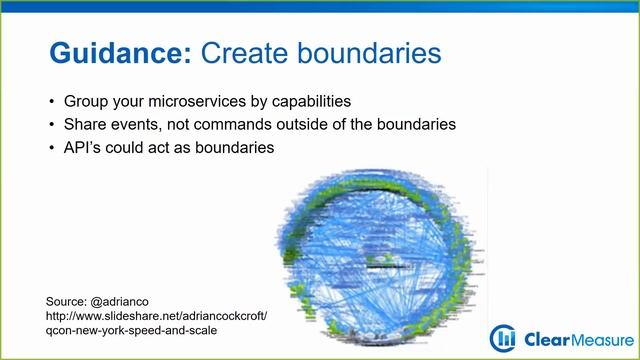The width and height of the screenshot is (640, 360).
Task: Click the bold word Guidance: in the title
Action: point(120,53)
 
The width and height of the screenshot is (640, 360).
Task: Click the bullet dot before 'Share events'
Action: point(52,125)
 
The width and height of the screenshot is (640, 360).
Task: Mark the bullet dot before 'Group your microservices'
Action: point(52,102)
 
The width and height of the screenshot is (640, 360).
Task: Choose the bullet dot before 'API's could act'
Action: point(52,148)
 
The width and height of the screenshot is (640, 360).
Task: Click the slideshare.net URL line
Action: point(157,316)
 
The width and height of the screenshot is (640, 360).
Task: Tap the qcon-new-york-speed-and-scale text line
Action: point(132,331)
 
